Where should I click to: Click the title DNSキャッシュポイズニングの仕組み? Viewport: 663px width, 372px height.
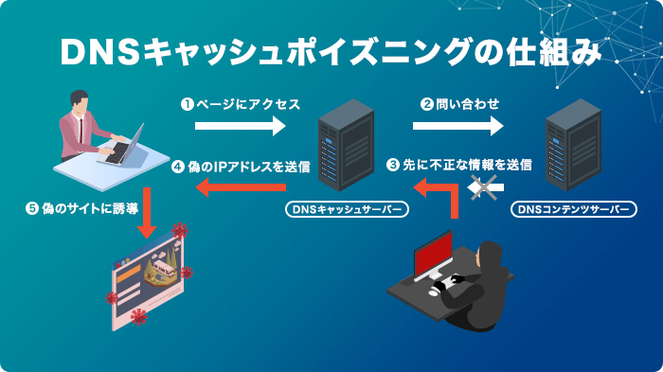(x=331, y=53)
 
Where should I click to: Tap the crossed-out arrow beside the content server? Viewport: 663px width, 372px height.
(x=486, y=189)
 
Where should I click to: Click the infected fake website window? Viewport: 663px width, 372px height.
(x=147, y=279)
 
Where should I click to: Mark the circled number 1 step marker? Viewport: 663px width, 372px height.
(x=188, y=103)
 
